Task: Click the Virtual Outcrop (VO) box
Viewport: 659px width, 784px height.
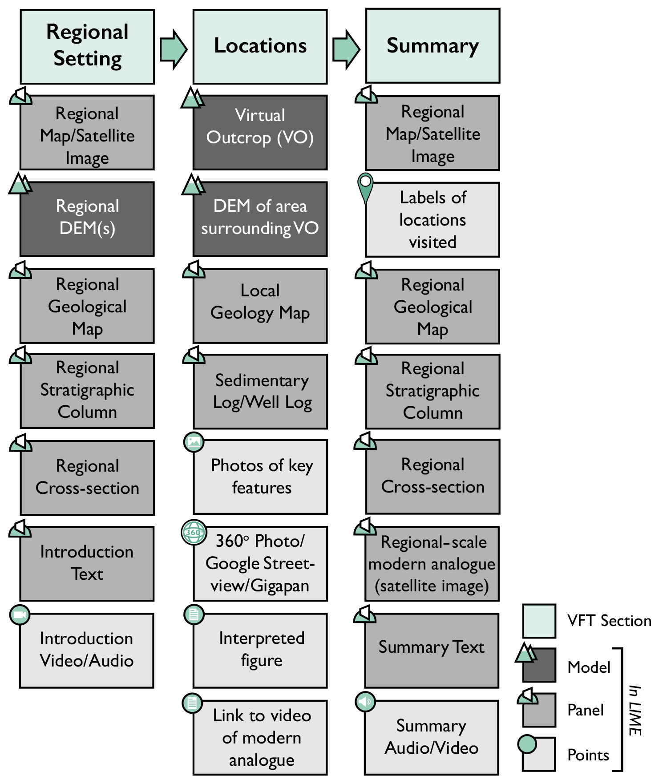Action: [260, 132]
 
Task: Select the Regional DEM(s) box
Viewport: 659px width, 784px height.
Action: [87, 218]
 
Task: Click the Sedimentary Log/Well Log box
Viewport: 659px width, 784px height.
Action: [261, 392]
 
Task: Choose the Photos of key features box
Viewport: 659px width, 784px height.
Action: [261, 477]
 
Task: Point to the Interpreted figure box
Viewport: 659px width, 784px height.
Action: [261, 650]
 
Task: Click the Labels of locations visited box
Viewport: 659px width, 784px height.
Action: [433, 219]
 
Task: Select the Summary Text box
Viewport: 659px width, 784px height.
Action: [432, 650]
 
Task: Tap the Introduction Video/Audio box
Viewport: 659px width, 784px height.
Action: [87, 650]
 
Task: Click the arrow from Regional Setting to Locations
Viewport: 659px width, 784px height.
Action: [173, 49]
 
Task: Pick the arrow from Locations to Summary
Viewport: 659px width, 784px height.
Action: [346, 49]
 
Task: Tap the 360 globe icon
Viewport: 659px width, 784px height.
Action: [194, 532]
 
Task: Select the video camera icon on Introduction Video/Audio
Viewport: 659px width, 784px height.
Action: [20, 614]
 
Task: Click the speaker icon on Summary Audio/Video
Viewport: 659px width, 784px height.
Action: [365, 702]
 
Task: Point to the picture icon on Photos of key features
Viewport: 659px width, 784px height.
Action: [194, 442]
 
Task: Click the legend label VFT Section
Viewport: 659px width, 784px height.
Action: [609, 621]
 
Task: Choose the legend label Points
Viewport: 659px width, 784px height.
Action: [588, 755]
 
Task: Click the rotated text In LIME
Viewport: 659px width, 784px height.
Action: [635, 710]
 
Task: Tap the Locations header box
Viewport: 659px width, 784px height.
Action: [260, 47]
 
